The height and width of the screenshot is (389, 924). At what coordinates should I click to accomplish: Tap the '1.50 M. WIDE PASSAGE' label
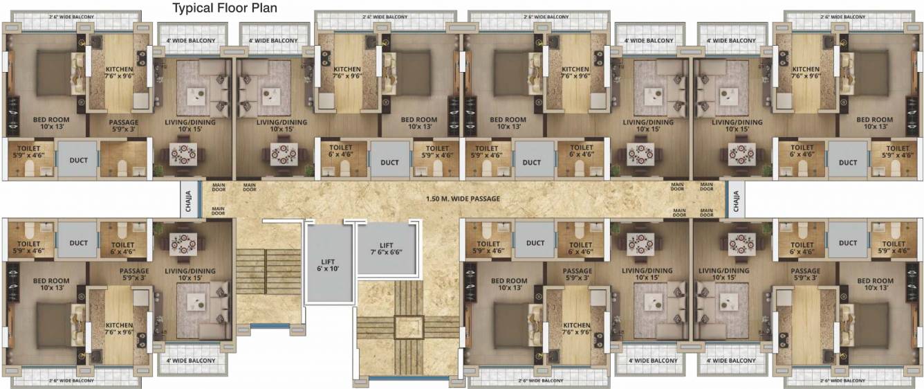coord(463,199)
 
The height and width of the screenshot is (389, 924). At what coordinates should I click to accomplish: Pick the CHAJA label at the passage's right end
coord(735,199)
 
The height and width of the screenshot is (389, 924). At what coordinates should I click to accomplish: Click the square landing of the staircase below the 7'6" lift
coord(408,326)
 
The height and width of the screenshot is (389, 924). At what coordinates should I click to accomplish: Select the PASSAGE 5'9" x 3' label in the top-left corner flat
coord(124,126)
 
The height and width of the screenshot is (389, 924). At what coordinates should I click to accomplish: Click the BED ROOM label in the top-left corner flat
coord(51,123)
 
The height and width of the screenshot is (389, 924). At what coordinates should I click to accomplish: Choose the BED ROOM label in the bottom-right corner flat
coord(874,284)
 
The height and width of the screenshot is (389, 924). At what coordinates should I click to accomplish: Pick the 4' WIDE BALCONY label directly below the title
coord(191,41)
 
